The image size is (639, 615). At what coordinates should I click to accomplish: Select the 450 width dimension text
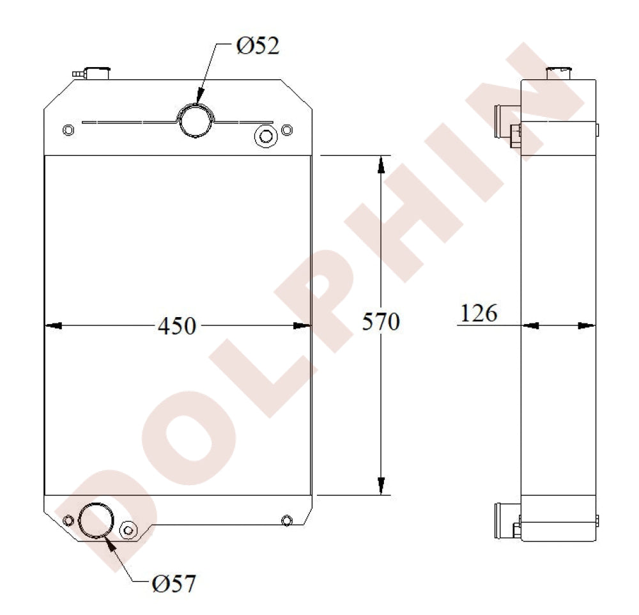[176, 325]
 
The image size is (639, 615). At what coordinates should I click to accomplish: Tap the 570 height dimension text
[381, 322]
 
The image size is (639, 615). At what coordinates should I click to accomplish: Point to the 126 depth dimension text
[479, 313]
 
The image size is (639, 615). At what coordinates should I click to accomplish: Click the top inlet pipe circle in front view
[195, 120]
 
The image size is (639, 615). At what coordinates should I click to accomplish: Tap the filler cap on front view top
[97, 72]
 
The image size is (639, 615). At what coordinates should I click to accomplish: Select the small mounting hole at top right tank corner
[287, 130]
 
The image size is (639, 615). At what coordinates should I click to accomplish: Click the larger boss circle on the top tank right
[264, 136]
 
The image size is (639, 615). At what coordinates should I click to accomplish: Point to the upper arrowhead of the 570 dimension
[381, 164]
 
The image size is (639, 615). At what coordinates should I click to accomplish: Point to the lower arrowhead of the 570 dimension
[381, 487]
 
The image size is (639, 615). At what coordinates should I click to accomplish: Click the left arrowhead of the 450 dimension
[53, 326]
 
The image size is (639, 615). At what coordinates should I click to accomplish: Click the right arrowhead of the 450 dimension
[302, 326]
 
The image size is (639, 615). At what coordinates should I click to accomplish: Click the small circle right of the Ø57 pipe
[128, 530]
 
